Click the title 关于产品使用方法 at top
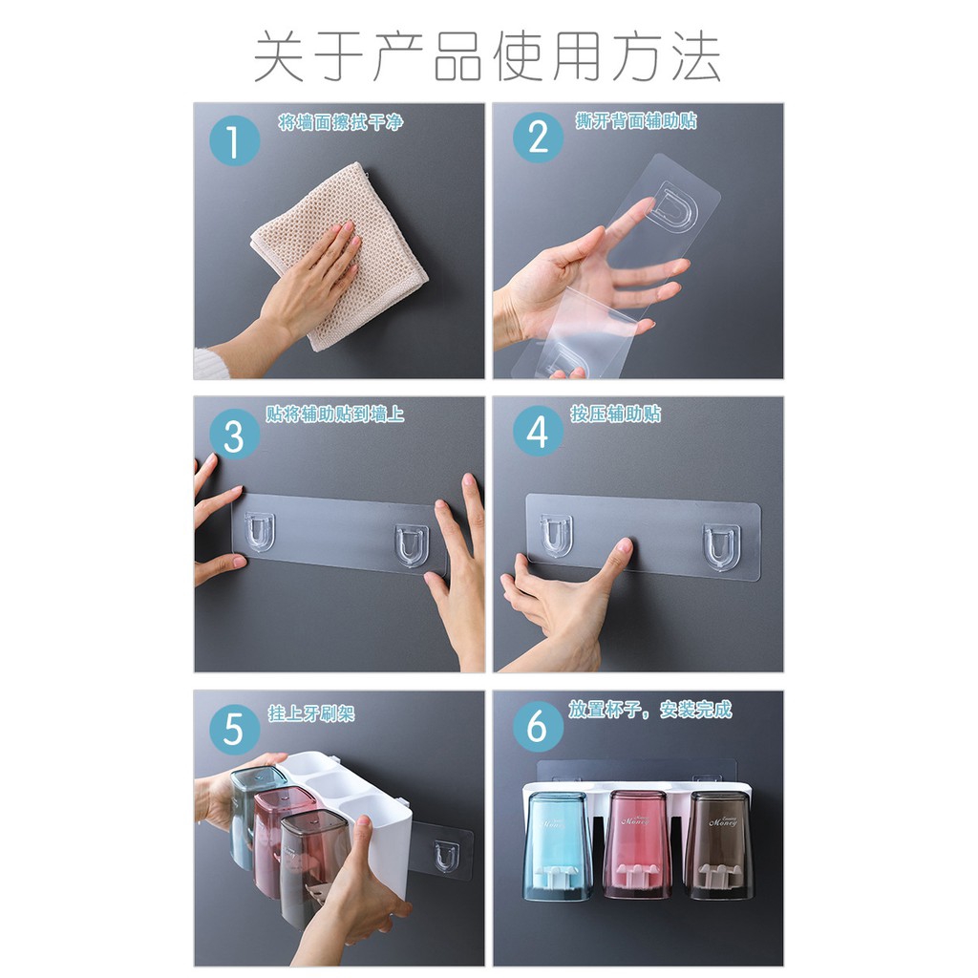[x=488, y=57]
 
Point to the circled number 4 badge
[x=538, y=433]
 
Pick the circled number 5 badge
[x=234, y=731]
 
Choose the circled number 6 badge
[x=538, y=728]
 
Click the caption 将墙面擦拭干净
[x=341, y=122]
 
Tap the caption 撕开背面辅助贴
[x=636, y=120]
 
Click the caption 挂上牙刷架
[x=311, y=713]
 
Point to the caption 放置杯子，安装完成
[x=649, y=710]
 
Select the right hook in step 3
[x=412, y=543]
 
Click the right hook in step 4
[x=721, y=546]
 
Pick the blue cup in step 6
[x=558, y=845]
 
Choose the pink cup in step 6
[x=638, y=844]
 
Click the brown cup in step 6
[x=719, y=844]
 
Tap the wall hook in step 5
[x=444, y=855]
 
